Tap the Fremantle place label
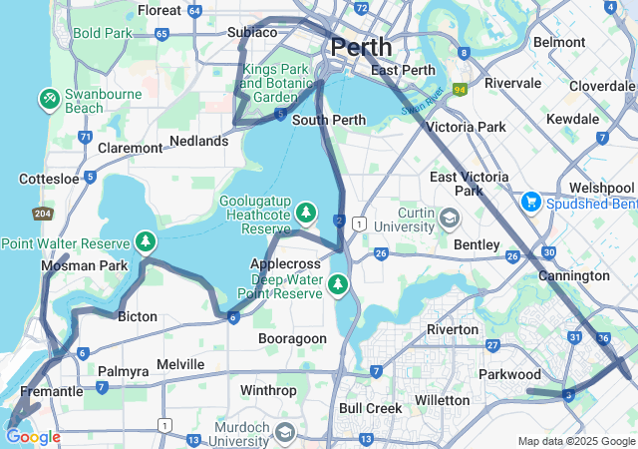pos(51,391)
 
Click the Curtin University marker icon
pos(450,217)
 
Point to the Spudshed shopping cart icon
pos(530,202)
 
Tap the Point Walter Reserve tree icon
pos(146,242)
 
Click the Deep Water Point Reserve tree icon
pos(339,285)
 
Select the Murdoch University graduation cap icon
pos(285,432)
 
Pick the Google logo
pos(33,437)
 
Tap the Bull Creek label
pos(370,408)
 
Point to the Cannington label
pos(573,275)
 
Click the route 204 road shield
pos(42,214)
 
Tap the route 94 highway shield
pos(460,90)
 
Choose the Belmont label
pos(559,42)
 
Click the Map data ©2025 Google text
pos(576,441)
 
